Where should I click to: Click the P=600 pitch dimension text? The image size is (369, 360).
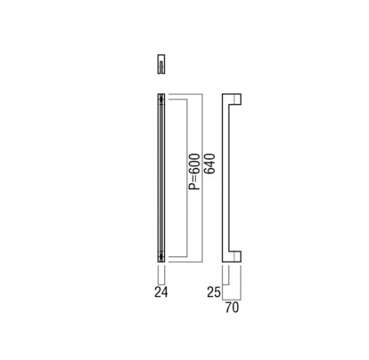pos(194,171)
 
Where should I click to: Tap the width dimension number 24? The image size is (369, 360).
pos(161,292)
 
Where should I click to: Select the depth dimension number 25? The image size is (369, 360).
pos(214,293)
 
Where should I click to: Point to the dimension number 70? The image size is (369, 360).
pos(232,308)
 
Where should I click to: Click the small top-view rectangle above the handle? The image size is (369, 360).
pos(161,64)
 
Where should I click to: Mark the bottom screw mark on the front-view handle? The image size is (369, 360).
pos(161,256)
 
